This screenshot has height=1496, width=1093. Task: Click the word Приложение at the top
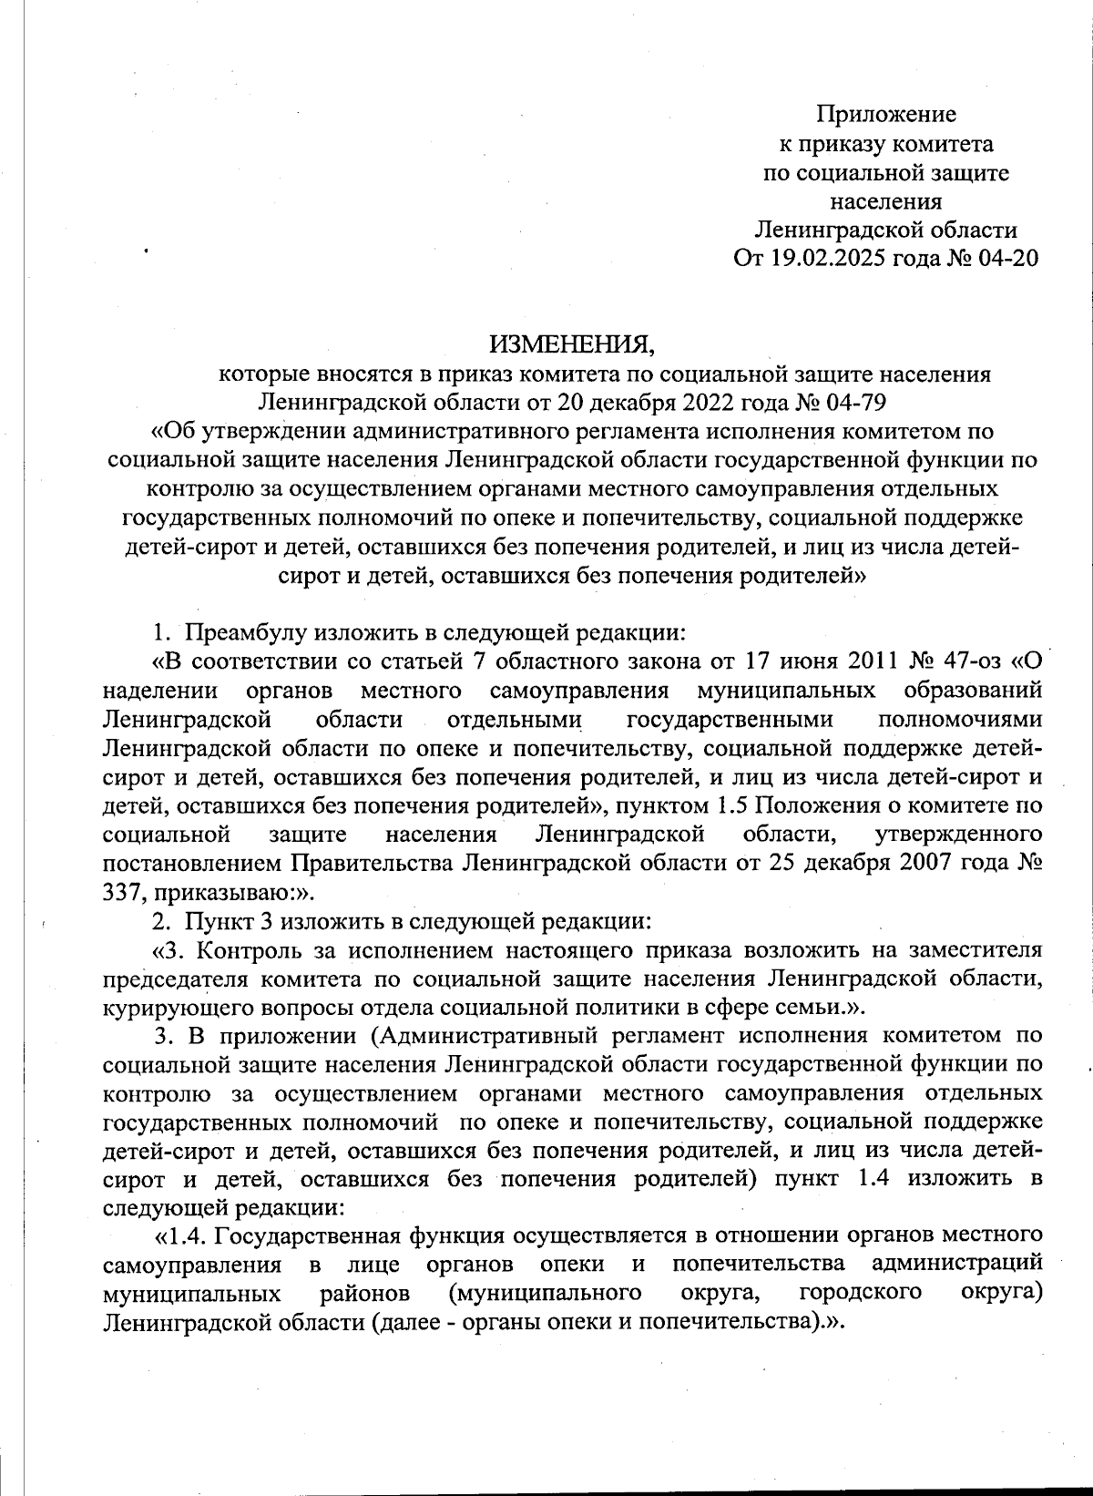coord(885,114)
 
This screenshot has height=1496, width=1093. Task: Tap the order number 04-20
coord(1006,258)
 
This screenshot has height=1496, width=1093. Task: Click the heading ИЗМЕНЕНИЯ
coord(573,344)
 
